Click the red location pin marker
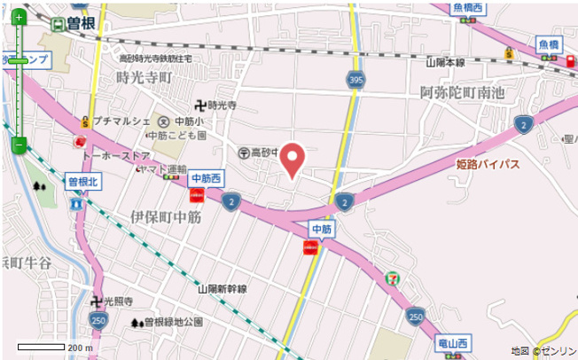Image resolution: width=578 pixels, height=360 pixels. (x=295, y=160)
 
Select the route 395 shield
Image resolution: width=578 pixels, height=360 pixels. (x=355, y=81)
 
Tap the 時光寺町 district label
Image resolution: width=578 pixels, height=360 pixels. (x=143, y=77)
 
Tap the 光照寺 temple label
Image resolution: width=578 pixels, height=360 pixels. (x=117, y=301)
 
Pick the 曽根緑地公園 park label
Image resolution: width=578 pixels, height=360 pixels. (x=173, y=322)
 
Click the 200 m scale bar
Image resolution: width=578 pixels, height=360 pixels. (x=41, y=347)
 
